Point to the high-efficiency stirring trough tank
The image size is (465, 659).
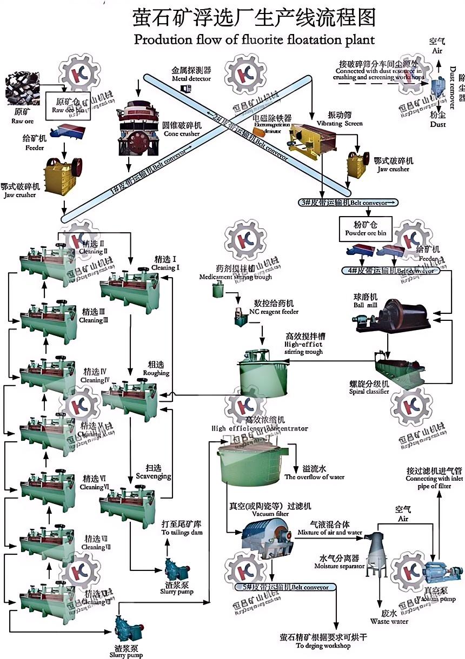click(261, 372)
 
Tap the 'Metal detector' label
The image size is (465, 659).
click(191, 74)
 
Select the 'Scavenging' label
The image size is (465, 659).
click(158, 472)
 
